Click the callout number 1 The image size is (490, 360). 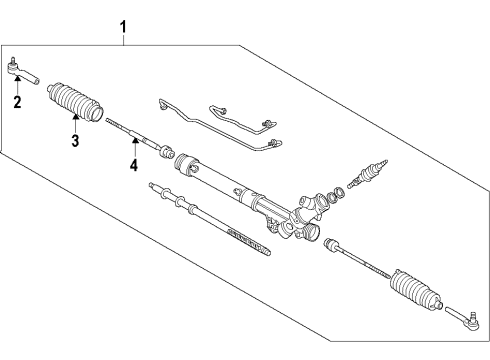[123, 27]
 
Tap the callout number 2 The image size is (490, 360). [17, 102]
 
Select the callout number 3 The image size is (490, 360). [75, 140]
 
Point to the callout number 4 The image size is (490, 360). [134, 165]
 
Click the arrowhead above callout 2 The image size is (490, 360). [17, 78]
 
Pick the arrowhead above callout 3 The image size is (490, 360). [75, 116]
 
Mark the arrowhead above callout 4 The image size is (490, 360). [135, 140]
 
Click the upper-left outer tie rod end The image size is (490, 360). [22, 71]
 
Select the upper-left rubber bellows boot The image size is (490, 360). [75, 101]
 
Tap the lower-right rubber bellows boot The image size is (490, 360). [416, 290]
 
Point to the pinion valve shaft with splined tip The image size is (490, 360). [367, 174]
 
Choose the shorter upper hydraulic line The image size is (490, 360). [242, 118]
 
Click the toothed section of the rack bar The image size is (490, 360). [247, 241]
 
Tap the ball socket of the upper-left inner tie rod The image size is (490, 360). [167, 151]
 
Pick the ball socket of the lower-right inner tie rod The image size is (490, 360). [331, 244]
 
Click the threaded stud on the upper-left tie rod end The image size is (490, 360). [13, 61]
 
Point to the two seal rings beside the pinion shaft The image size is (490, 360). [336, 194]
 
